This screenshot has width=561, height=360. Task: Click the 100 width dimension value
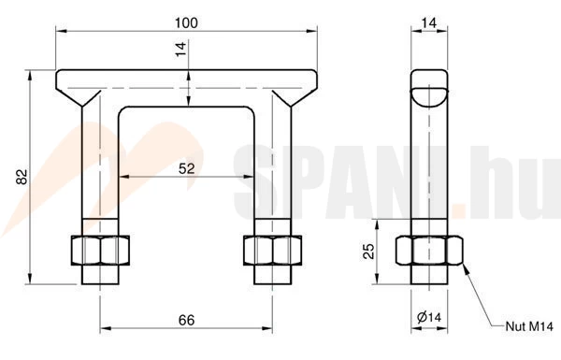tap(186, 22)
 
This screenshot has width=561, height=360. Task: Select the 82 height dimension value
tap(22, 177)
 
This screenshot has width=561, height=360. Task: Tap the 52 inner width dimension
tap(186, 168)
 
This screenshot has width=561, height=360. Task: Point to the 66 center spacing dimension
tap(186, 320)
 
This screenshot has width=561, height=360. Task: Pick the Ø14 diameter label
tap(429, 317)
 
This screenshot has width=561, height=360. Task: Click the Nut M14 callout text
tap(529, 326)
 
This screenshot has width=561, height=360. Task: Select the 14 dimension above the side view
tap(429, 22)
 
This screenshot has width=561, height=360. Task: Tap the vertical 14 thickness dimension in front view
tap(181, 49)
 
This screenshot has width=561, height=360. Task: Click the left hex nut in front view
tap(100, 251)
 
